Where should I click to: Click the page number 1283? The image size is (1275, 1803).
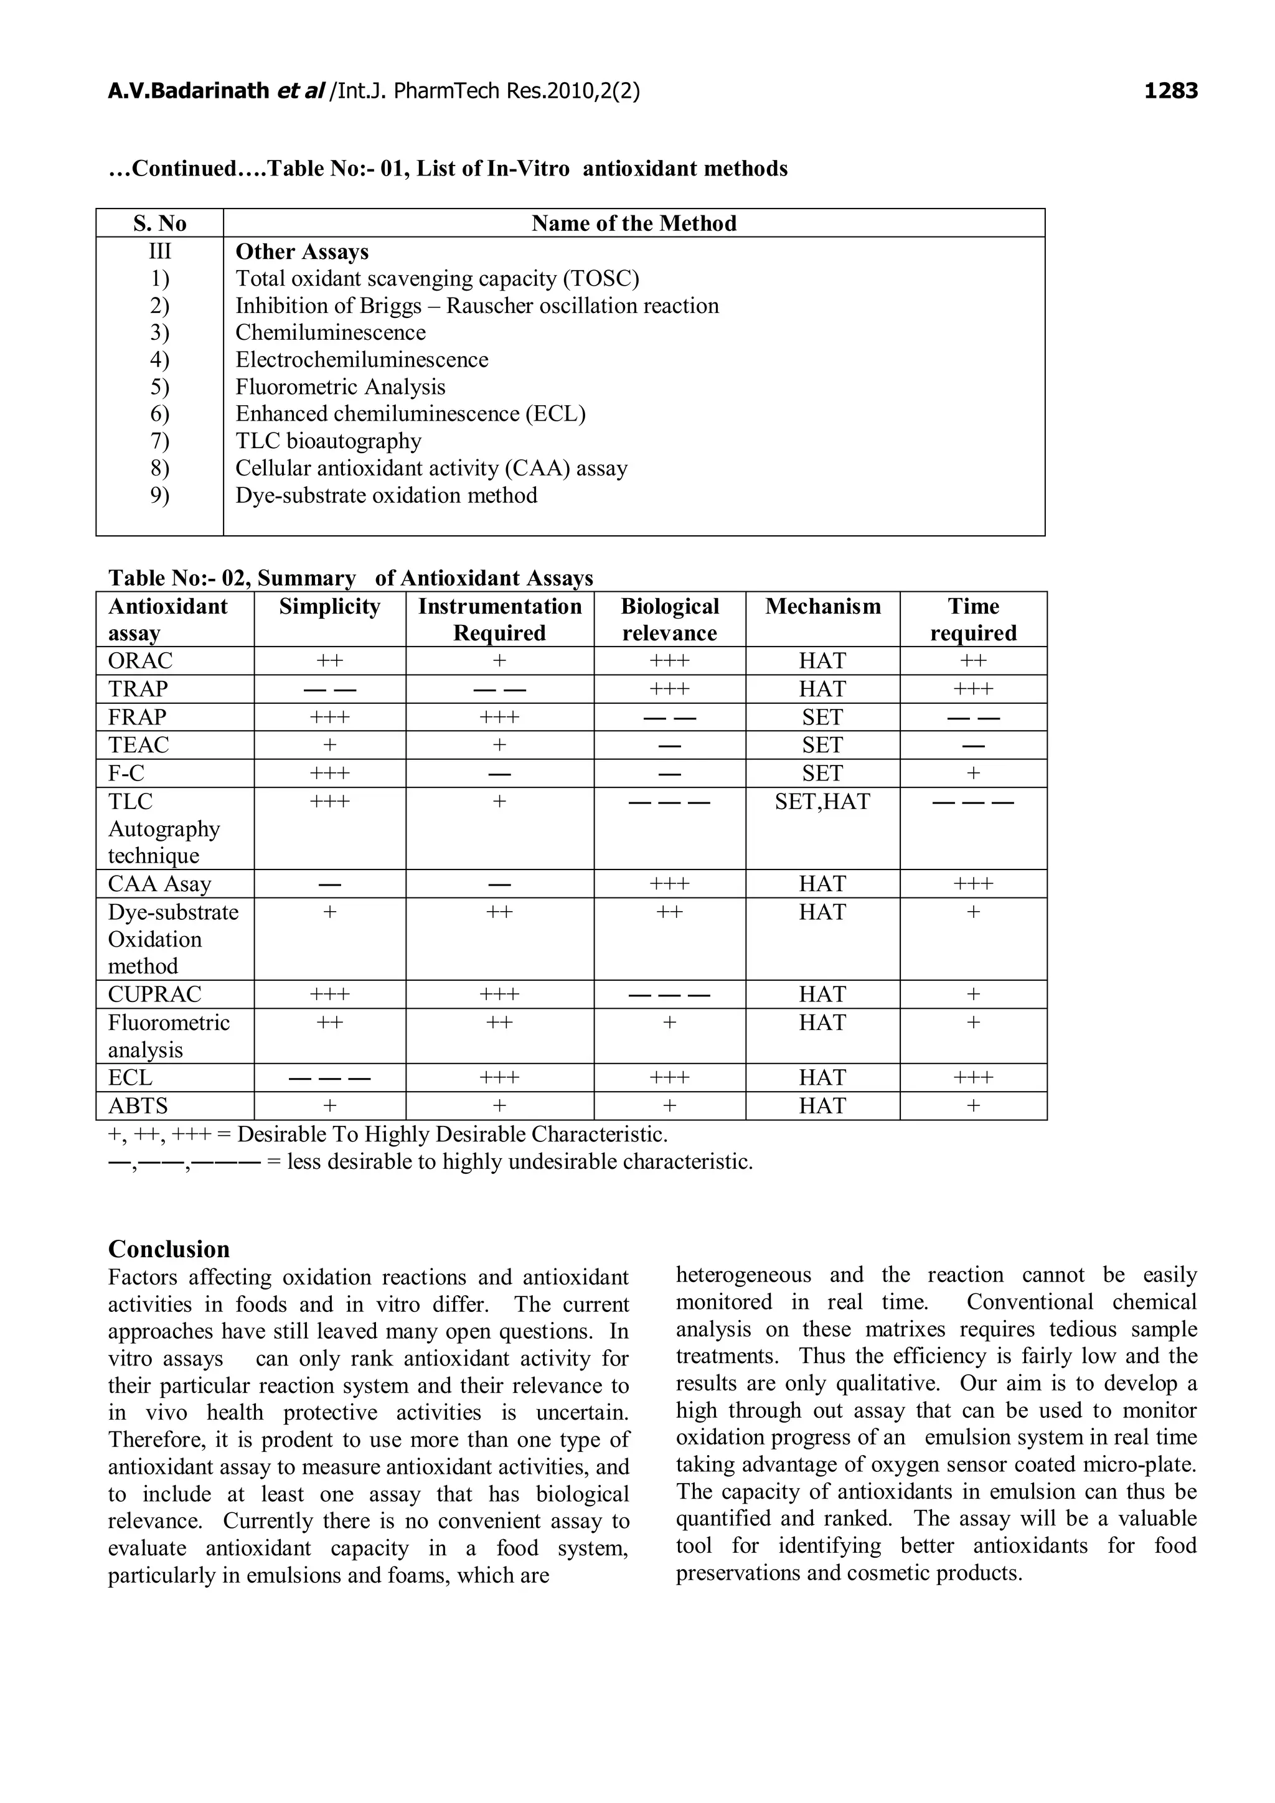[x=1170, y=91]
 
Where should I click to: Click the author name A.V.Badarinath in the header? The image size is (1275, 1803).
[x=189, y=91]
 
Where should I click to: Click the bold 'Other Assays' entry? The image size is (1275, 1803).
[x=302, y=251]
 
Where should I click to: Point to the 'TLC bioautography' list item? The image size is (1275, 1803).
[x=328, y=441]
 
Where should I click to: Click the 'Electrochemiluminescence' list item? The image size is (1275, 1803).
[x=361, y=360]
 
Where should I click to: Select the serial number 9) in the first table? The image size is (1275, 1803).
[x=159, y=495]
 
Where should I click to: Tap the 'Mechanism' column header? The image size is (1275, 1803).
[x=822, y=606]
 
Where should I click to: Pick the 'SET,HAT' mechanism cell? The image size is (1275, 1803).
[x=822, y=801]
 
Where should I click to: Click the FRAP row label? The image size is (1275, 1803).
[x=138, y=717]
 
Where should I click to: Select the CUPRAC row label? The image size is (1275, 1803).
[x=155, y=994]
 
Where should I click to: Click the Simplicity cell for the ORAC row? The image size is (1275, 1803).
[x=329, y=660]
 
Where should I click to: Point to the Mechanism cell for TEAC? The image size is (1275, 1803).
[x=822, y=744]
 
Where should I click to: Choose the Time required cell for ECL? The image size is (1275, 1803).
[x=972, y=1077]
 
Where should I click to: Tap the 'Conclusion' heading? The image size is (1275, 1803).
[x=169, y=1248]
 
